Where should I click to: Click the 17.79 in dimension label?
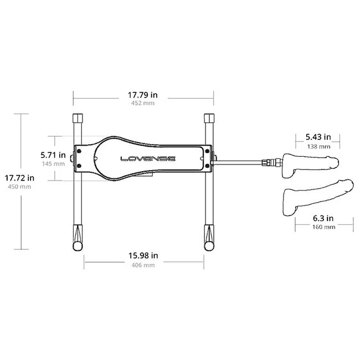tap(143, 95)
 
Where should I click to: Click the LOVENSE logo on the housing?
tap(148, 158)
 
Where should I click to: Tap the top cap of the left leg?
tap(78, 119)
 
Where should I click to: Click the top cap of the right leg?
tap(209, 119)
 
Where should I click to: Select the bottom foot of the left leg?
tap(78, 240)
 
